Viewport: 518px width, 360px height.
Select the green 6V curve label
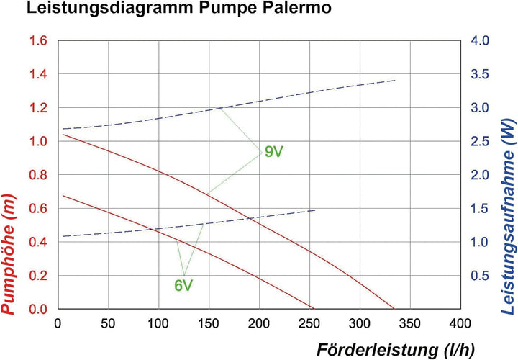point(183,285)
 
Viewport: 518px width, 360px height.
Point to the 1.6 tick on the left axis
point(38,41)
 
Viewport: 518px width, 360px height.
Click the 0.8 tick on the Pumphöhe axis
point(38,175)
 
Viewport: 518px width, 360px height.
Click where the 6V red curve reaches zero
point(314,309)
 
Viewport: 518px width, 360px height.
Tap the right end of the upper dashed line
point(395,80)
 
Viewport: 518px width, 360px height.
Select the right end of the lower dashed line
point(315,210)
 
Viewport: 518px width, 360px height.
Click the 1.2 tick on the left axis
point(38,108)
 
